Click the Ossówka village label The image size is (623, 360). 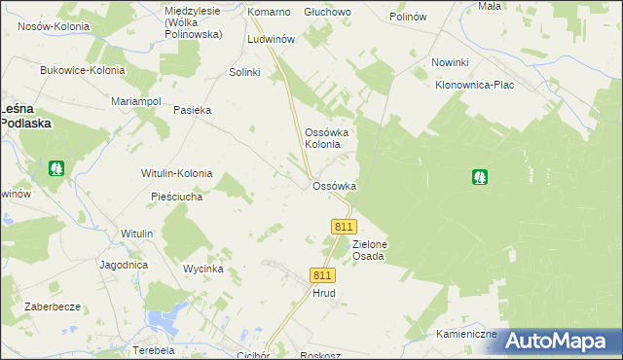[334, 186]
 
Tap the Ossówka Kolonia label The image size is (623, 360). [322, 137]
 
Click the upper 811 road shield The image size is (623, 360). [342, 226]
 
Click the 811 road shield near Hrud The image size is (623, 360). [323, 275]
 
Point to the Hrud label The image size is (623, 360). [323, 292]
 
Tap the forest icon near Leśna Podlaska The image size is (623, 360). [55, 168]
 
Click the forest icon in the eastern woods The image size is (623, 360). [479, 177]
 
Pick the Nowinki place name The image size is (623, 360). [451, 63]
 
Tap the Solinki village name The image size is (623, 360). [244, 73]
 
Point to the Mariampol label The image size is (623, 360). [135, 100]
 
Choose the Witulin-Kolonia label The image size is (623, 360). [176, 173]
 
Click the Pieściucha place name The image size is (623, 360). [176, 197]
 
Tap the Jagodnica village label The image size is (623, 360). [123, 265]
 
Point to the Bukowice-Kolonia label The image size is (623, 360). [83, 70]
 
